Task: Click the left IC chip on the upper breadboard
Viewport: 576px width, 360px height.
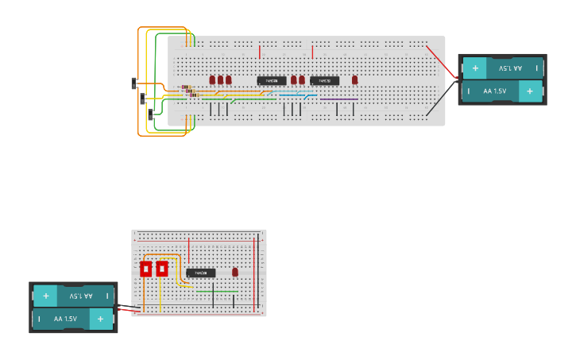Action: (x=271, y=80)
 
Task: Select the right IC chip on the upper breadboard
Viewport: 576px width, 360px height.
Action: (x=324, y=80)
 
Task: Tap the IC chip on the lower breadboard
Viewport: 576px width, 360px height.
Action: (x=201, y=273)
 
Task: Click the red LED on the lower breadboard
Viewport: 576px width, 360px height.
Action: (x=235, y=272)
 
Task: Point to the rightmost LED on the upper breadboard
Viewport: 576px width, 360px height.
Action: (x=354, y=79)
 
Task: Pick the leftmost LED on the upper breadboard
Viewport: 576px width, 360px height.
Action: (x=212, y=79)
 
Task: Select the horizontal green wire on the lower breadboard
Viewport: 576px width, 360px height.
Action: (x=215, y=291)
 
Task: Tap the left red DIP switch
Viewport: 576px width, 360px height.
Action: (x=146, y=269)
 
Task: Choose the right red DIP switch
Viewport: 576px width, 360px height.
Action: (x=162, y=269)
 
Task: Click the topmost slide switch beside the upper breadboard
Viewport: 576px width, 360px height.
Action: (x=134, y=83)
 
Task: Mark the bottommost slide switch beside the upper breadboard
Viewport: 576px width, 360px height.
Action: (x=151, y=115)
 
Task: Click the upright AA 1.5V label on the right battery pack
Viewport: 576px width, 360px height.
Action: (x=494, y=91)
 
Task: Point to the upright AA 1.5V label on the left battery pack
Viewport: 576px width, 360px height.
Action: (x=65, y=319)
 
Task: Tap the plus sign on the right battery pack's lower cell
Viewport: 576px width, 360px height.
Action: (x=530, y=91)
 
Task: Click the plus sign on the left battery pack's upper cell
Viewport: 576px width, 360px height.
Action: (x=46, y=296)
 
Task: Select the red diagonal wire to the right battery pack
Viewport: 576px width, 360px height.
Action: (x=440, y=60)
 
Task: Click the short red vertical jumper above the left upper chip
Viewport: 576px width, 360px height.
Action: (x=259, y=52)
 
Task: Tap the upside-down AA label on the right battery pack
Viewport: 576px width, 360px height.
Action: (x=506, y=68)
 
